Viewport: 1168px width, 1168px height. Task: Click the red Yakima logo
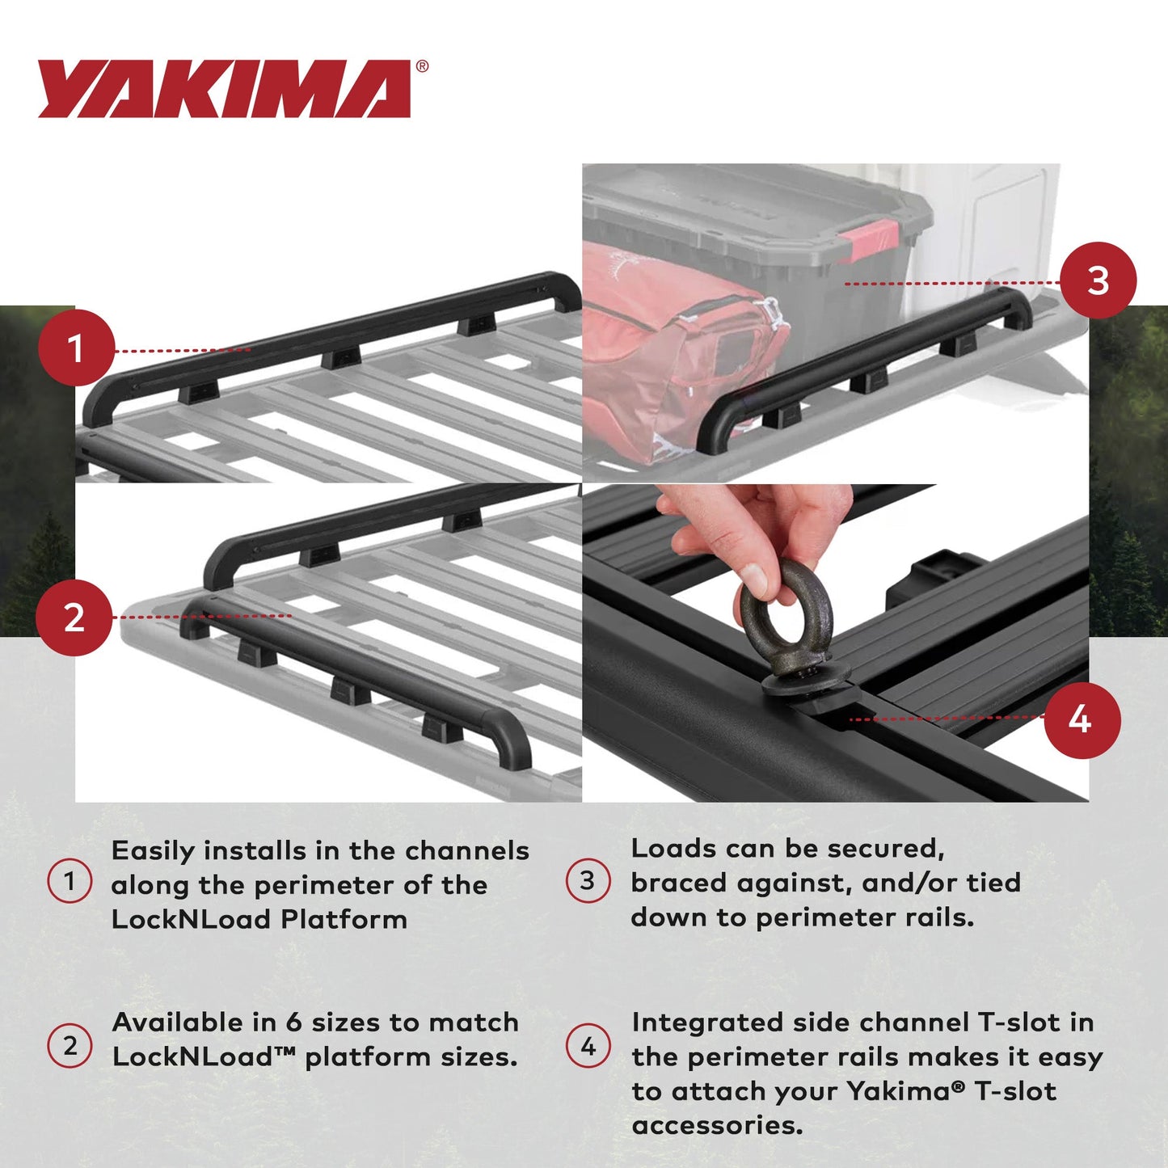point(224,89)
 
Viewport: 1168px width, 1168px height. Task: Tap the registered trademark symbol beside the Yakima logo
point(422,67)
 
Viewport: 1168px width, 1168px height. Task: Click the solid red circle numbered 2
point(74,618)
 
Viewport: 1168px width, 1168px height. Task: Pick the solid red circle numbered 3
point(1098,280)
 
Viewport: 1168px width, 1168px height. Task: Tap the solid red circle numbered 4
point(1082,719)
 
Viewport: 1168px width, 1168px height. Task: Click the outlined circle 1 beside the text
point(70,880)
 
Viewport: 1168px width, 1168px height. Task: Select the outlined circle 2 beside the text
point(70,1045)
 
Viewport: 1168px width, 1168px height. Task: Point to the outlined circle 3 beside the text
point(588,880)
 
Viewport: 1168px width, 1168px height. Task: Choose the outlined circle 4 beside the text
point(588,1046)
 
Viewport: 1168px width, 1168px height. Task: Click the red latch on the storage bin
point(869,240)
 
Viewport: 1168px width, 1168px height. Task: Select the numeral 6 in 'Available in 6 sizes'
point(293,1023)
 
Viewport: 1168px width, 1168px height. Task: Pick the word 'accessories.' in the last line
point(717,1125)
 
